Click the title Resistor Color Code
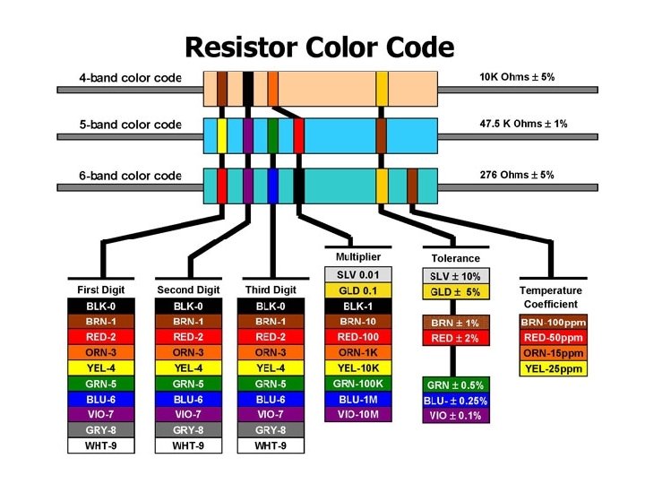tap(320, 46)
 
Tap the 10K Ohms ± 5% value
tap(517, 77)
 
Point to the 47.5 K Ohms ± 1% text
tap(524, 124)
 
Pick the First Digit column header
tap(100, 290)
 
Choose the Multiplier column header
tap(357, 256)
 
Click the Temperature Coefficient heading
tap(550, 297)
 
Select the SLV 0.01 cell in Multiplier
tap(357, 274)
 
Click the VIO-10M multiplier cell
tap(357, 413)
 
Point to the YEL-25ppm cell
tap(551, 367)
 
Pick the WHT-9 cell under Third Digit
tap(270, 445)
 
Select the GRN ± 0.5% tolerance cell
tap(456, 385)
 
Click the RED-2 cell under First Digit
tap(100, 336)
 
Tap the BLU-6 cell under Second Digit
tap(188, 398)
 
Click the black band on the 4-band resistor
tap(248, 88)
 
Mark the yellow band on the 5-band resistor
tap(222, 134)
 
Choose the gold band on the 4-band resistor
tap(382, 88)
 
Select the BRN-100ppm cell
tap(551, 321)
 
